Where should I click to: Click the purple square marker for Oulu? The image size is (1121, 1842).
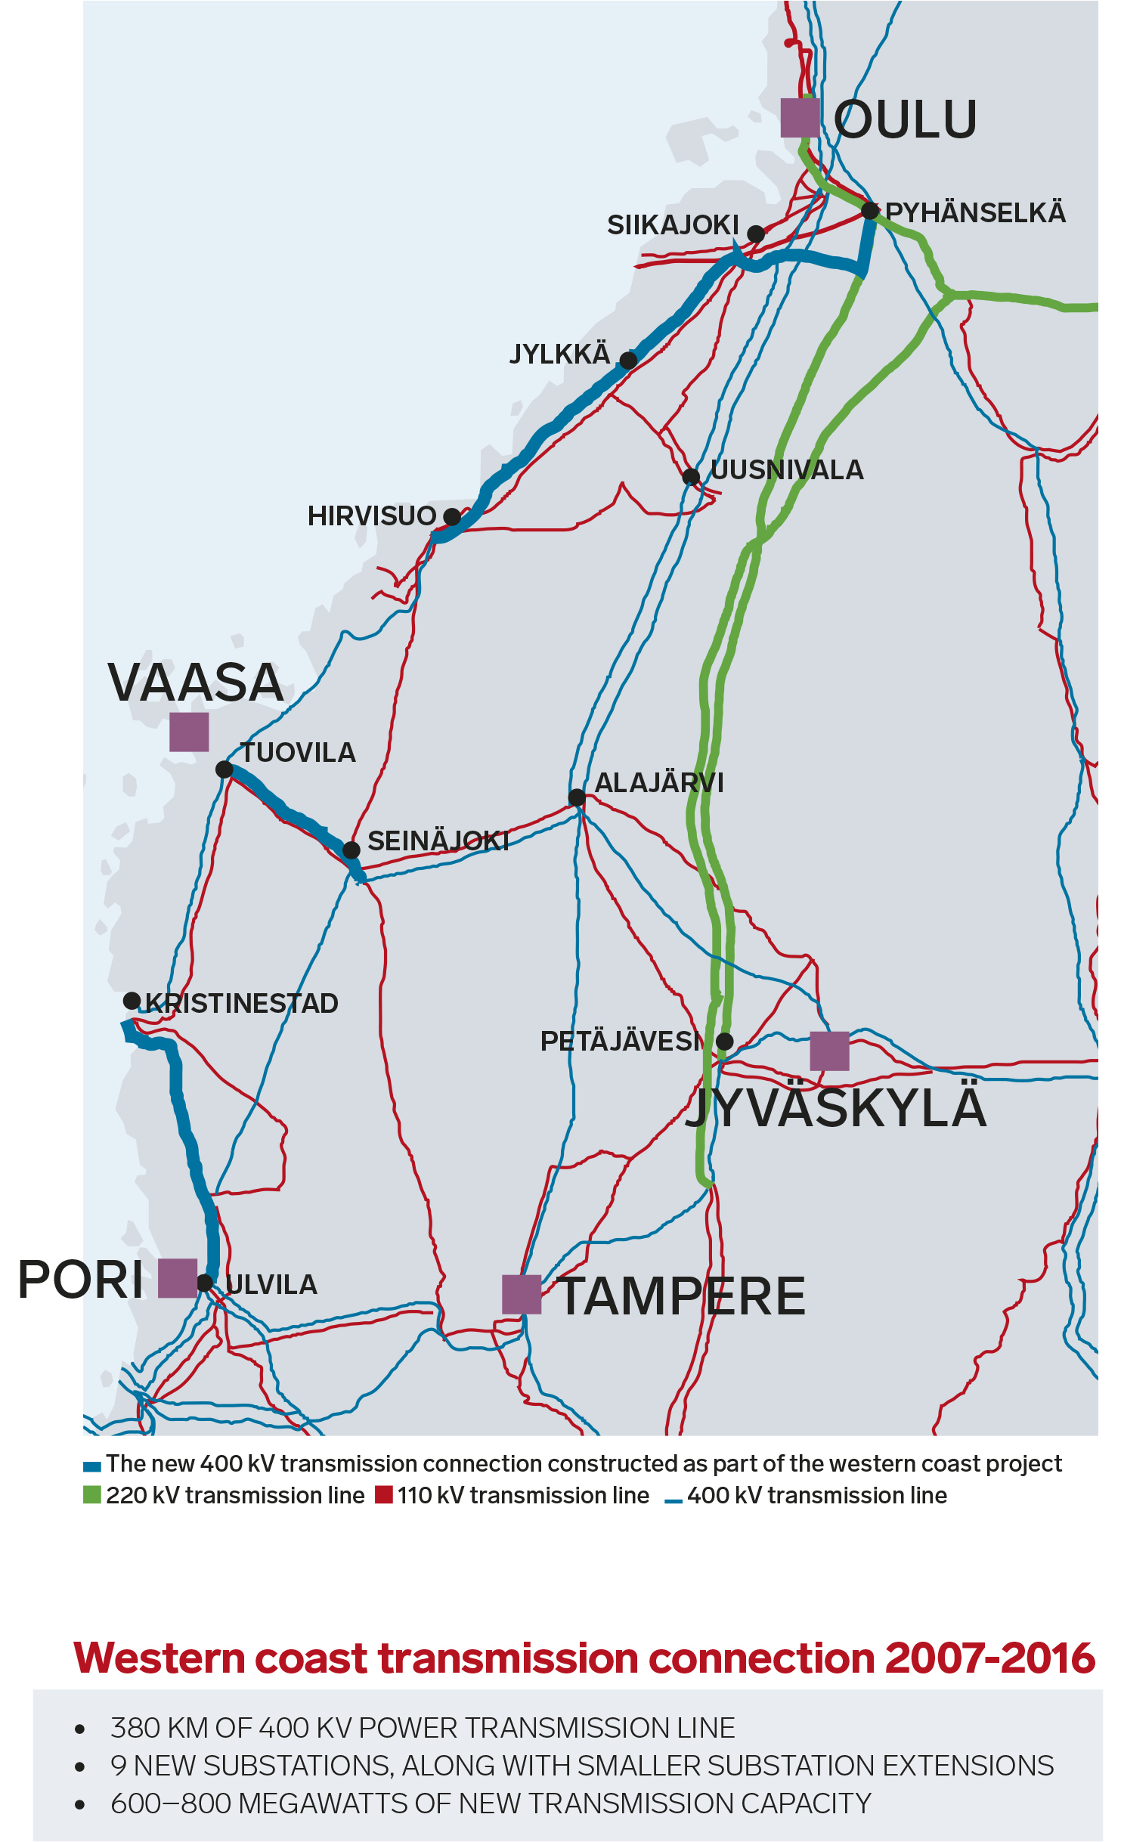tap(800, 117)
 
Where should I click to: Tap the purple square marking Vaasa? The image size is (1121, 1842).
tap(189, 732)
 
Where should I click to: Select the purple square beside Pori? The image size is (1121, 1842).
tap(178, 1278)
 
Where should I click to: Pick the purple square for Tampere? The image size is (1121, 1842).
tap(522, 1294)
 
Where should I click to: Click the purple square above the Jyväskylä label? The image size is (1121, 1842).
tap(829, 1051)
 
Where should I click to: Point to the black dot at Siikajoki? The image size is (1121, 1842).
tap(756, 234)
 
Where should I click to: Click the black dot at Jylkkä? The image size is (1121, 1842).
tap(628, 360)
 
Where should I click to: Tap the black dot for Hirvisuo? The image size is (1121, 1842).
tap(452, 517)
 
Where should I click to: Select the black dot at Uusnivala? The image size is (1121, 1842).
tap(691, 477)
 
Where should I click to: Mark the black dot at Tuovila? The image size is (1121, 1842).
tap(225, 769)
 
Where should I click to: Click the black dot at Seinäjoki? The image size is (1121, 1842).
tap(351, 850)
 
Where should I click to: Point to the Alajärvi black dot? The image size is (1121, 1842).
tap(577, 797)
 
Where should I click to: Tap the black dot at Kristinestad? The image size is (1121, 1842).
tap(132, 1001)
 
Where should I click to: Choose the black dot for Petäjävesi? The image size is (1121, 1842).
tap(724, 1042)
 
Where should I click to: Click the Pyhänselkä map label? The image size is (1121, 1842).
tap(975, 213)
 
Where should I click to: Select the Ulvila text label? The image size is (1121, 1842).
tap(271, 1285)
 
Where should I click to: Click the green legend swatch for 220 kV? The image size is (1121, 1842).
tap(92, 1495)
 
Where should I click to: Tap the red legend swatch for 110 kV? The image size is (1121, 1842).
tap(384, 1495)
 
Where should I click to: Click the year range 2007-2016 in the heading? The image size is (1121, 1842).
tap(989, 1659)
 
